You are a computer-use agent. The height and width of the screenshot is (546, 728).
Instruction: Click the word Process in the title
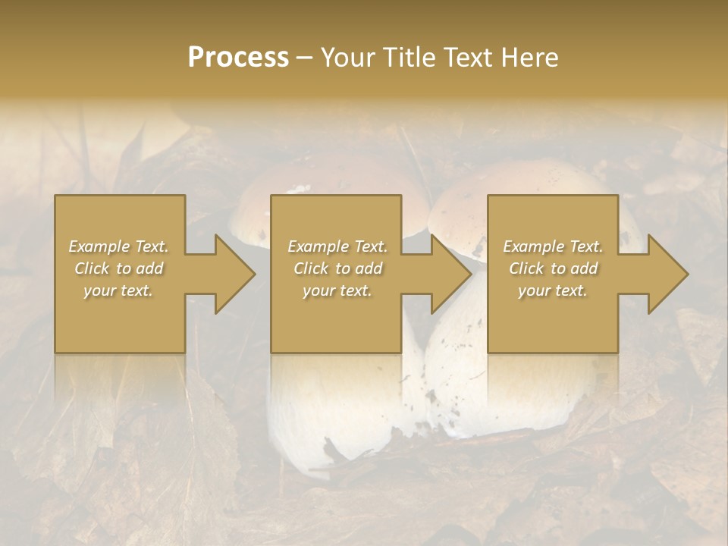tap(238, 58)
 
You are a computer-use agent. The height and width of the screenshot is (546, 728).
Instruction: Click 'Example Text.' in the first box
tap(119, 246)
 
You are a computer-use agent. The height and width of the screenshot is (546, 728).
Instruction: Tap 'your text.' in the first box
tap(119, 290)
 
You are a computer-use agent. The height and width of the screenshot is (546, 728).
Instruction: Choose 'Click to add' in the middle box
tap(337, 268)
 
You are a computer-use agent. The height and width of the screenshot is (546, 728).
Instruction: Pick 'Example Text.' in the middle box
tap(337, 246)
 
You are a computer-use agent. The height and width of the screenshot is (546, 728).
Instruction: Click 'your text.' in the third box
tap(553, 290)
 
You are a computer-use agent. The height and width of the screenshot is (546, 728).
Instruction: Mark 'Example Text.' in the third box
tap(553, 246)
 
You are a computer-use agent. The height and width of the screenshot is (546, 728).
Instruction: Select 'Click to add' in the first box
tap(119, 268)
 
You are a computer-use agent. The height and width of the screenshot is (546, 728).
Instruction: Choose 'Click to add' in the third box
tap(553, 268)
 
